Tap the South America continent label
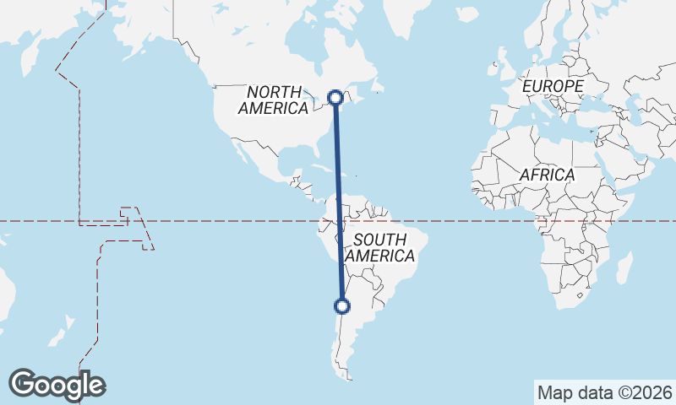pos(380,247)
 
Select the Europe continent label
pos(553,87)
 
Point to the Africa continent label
pos(547,175)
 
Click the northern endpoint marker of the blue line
pos(335,97)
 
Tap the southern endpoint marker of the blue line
pos(342,306)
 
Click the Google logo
pos(57,385)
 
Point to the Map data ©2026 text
pos(604,392)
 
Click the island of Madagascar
pos(624,267)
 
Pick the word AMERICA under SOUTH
pos(380,256)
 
